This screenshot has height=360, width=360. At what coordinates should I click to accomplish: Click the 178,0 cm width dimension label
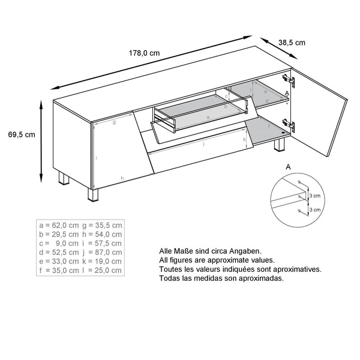pyautogui.click(x=145, y=52)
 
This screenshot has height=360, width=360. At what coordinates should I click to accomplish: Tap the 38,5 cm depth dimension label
pyautogui.click(x=292, y=42)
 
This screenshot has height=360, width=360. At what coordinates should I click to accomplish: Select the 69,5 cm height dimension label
pyautogui.click(x=21, y=134)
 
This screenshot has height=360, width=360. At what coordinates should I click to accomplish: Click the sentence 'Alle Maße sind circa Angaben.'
pyautogui.click(x=202, y=252)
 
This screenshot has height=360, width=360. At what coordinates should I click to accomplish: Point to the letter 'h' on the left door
pyautogui.click(x=122, y=178)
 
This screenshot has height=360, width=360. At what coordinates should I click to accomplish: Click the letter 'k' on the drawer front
pyautogui.click(x=245, y=140)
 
